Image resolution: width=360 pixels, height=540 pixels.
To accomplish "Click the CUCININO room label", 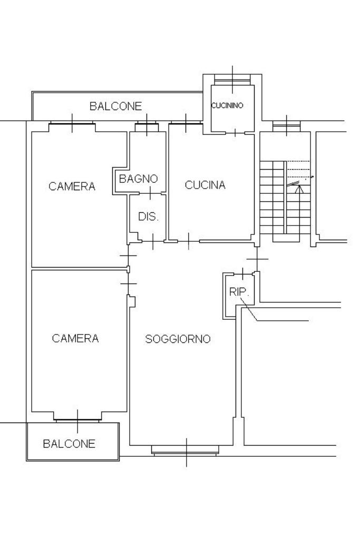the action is pyautogui.click(x=227, y=105).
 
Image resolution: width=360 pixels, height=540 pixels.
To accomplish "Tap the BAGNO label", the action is pyautogui.click(x=139, y=179).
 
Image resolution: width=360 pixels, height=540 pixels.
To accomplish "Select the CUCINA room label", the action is pyautogui.click(x=205, y=185).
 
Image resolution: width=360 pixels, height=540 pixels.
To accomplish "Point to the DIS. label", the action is pyautogui.click(x=148, y=217).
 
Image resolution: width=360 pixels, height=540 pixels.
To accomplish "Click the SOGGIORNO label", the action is pyautogui.click(x=178, y=339).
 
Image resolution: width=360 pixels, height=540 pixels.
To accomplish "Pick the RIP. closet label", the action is pyautogui.click(x=238, y=292).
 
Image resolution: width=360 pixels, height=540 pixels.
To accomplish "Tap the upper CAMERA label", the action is pyautogui.click(x=72, y=186).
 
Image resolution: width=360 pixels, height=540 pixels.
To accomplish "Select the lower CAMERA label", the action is pyautogui.click(x=75, y=339).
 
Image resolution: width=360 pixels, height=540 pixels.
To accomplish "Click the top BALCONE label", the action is pyautogui.click(x=115, y=106).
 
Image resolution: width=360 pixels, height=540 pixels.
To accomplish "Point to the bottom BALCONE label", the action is pyautogui.click(x=69, y=444).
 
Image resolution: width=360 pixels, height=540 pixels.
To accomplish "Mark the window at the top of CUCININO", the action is pyautogui.click(x=232, y=78).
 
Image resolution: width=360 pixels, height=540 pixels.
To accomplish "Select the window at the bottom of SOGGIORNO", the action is pyautogui.click(x=186, y=450).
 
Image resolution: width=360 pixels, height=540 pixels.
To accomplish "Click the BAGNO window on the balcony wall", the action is pyautogui.click(x=147, y=125).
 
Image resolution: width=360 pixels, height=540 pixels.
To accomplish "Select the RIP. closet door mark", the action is pyautogui.click(x=242, y=273).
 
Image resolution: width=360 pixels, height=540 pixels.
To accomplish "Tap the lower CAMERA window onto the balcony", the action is pyautogui.click(x=77, y=419).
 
